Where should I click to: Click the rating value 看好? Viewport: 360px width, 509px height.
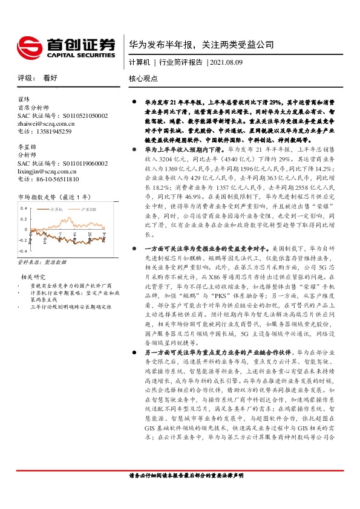coord(50,79)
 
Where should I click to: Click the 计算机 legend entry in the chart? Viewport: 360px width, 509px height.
coord(57,208)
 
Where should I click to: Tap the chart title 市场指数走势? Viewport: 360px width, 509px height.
coord(37,197)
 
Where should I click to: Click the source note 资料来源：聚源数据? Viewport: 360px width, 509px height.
coord(42,263)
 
